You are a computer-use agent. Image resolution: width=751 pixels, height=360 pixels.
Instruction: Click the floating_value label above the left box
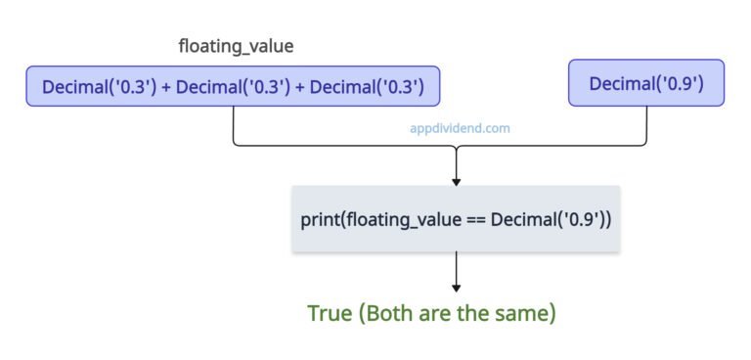(x=236, y=47)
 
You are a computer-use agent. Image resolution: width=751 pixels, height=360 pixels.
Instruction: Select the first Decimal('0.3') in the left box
(x=100, y=87)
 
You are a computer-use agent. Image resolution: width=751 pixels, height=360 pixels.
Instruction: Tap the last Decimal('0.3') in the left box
(x=367, y=87)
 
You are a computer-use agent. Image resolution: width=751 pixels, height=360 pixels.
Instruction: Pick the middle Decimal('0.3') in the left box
(x=234, y=87)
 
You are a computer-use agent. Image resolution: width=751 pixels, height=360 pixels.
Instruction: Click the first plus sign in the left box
(x=166, y=88)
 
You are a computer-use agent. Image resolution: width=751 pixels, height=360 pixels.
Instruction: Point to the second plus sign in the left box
(x=300, y=88)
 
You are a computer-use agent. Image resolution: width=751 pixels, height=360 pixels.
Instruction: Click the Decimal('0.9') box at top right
(x=646, y=83)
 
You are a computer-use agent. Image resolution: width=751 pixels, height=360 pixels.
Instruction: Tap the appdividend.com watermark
(x=460, y=128)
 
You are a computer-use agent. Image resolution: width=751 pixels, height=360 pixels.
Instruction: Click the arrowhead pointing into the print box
(x=456, y=182)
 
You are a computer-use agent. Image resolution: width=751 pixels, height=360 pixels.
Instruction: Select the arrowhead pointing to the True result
(x=456, y=288)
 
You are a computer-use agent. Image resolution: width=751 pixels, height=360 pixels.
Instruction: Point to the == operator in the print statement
(x=475, y=220)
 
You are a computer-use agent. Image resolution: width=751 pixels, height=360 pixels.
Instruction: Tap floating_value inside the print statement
(x=403, y=220)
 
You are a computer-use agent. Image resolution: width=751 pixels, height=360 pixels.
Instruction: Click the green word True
(x=329, y=313)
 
